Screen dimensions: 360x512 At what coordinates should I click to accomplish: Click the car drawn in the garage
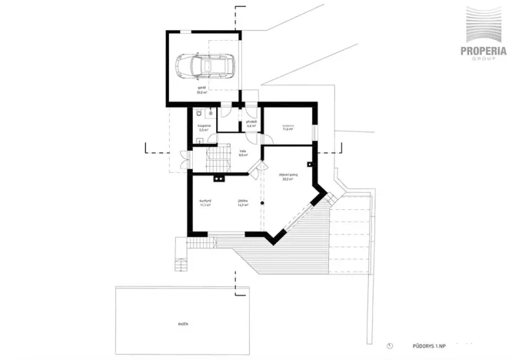(x=204, y=67)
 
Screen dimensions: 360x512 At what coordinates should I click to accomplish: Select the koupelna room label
(x=204, y=128)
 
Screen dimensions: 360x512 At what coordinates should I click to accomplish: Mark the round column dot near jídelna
(x=262, y=202)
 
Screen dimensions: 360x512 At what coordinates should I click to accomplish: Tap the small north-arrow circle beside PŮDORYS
(x=390, y=345)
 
